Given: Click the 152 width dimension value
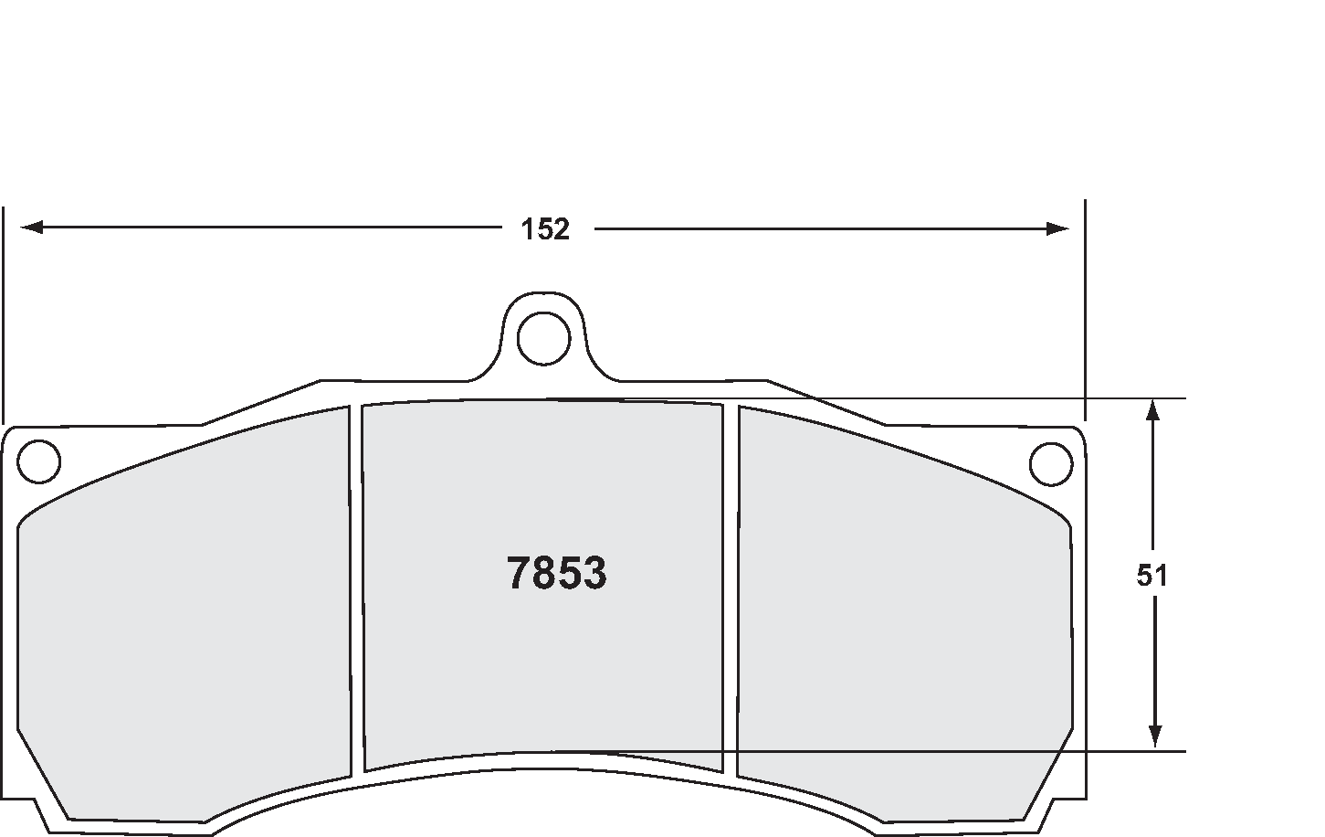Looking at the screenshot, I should [545, 228].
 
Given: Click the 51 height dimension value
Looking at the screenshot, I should [1152, 576].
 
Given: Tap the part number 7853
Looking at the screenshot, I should [556, 574].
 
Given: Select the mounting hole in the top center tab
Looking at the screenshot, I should [543, 339].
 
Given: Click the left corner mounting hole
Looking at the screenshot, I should [39, 461].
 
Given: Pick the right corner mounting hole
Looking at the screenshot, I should [1050, 463].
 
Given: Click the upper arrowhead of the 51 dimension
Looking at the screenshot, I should [1153, 410].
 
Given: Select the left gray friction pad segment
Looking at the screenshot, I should [183, 621].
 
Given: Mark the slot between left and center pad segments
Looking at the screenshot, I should [356, 585].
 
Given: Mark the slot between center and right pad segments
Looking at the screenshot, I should [730, 585].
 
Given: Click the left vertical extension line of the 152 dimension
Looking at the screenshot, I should [4, 311].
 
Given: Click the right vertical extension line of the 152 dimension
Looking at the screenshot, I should [1084, 311].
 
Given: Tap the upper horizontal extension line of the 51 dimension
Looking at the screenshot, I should [1004, 398].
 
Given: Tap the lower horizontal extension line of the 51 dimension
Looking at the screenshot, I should [1004, 751].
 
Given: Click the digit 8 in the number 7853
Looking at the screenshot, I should [544, 574].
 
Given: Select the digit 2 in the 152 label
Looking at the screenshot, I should [561, 228].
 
